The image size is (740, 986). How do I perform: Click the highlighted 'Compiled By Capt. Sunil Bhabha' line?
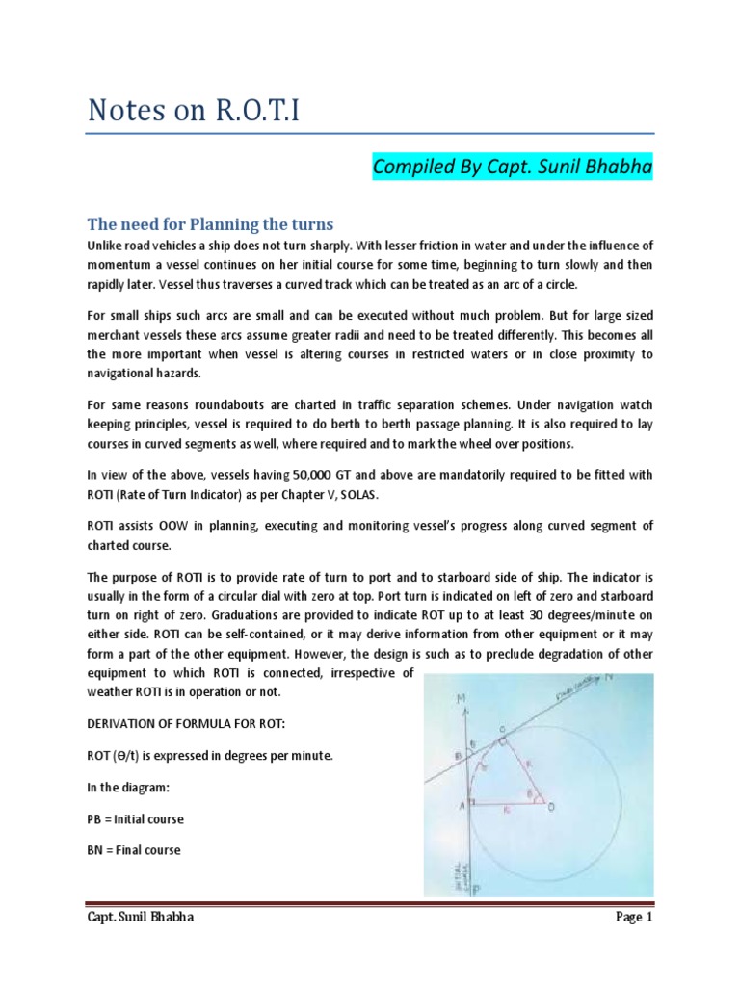click(x=513, y=169)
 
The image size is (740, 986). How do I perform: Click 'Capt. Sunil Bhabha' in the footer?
click(x=143, y=918)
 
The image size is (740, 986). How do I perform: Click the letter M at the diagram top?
click(x=464, y=697)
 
